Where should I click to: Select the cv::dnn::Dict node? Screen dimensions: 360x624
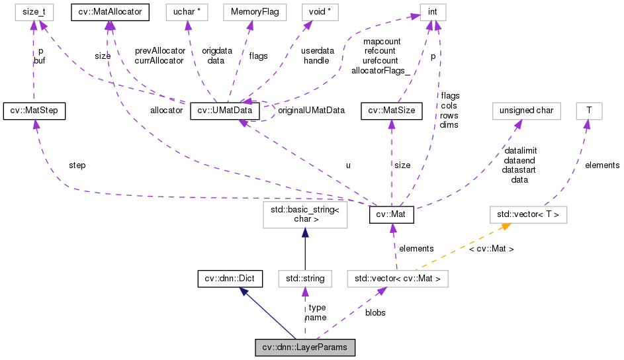coord(229,279)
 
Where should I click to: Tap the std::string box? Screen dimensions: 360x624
coord(304,279)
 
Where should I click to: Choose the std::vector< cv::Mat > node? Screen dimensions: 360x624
coord(398,279)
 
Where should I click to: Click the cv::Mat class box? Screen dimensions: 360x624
coord(392,215)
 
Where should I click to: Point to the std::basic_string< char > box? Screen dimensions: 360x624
coord(304,215)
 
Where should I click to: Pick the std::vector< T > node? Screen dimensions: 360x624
coord(528,214)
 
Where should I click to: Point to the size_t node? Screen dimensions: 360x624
coord(34,12)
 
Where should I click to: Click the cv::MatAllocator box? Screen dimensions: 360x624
coord(109,12)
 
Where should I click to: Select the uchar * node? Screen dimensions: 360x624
coord(187,12)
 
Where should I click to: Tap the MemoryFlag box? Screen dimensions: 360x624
coord(249,12)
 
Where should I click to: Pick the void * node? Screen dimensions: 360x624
coord(316,12)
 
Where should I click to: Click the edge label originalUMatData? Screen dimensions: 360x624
coord(311,111)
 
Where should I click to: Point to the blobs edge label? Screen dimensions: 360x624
coord(375,312)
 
